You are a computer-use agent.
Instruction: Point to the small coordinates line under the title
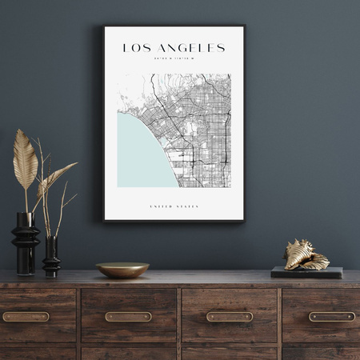pyautogui.click(x=174, y=61)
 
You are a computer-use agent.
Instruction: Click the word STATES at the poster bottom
pyautogui.click(x=186, y=206)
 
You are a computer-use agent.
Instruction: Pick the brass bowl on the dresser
pyautogui.click(x=122, y=270)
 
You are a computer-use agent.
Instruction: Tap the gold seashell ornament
pyautogui.click(x=306, y=255)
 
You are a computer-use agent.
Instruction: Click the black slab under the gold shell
pyautogui.click(x=306, y=272)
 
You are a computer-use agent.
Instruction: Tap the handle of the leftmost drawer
pyautogui.click(x=26, y=317)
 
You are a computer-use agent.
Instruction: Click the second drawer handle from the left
pyautogui.click(x=128, y=317)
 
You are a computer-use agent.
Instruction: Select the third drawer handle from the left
pyautogui.click(x=230, y=317)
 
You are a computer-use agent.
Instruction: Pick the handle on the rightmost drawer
pyautogui.click(x=331, y=317)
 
